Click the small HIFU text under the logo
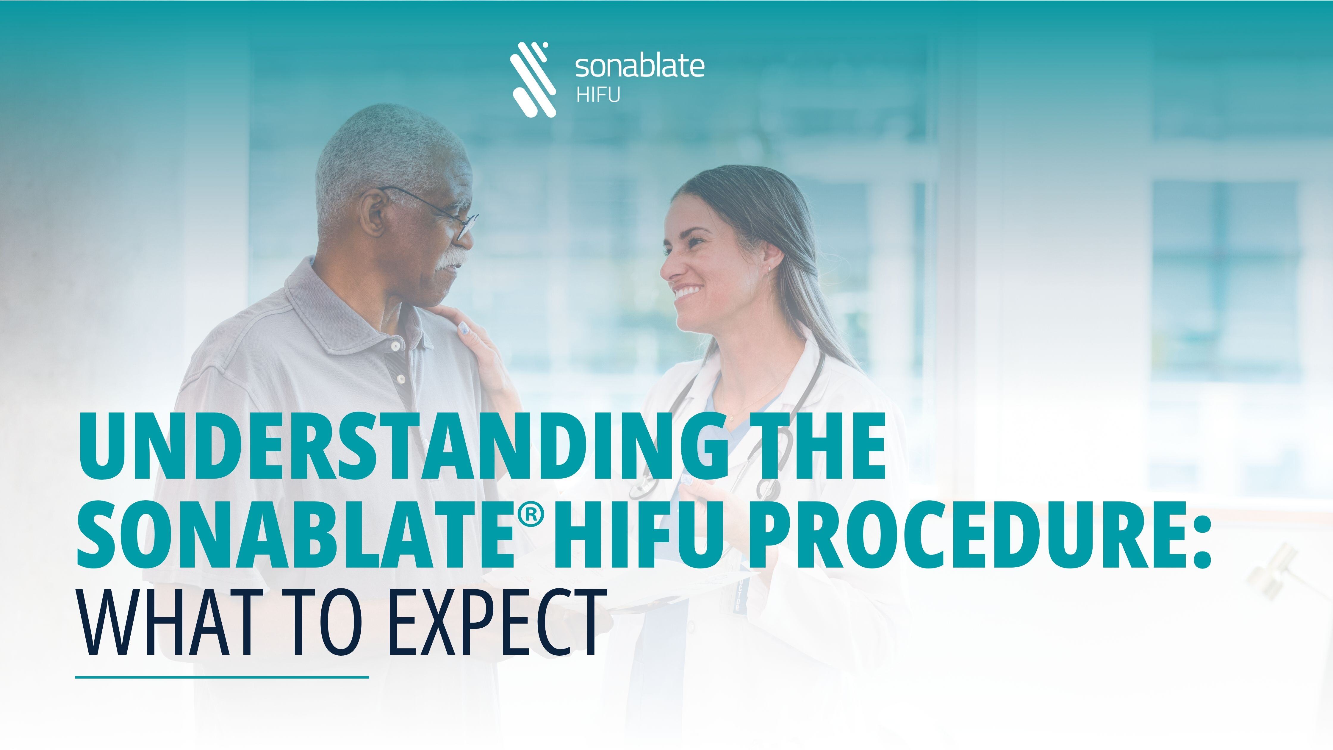(x=598, y=95)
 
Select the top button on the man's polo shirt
(x=395, y=345)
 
